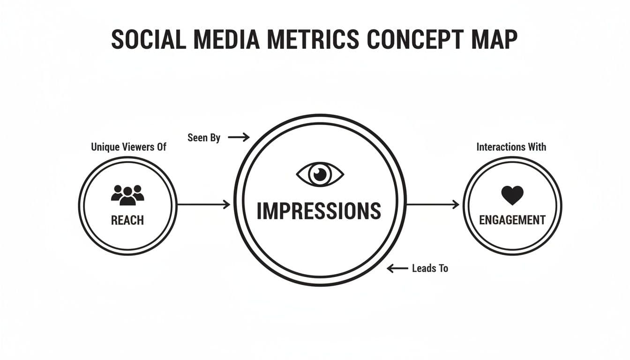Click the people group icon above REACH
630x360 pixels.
127,195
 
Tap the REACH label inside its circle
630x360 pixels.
127,220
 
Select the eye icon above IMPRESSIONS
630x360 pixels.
320,174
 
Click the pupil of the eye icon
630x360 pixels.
320,174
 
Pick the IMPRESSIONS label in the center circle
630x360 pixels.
319,211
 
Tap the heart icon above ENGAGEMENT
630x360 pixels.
512,195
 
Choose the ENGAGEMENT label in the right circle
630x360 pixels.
512,219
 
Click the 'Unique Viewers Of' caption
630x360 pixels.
128,147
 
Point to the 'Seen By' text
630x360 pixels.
204,138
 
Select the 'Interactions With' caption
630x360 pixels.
511,147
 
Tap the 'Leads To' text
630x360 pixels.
430,269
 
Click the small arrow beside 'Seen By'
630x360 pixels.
239,137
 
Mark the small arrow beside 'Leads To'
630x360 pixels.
397,269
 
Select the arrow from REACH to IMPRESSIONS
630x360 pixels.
204,204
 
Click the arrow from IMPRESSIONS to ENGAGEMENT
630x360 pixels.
433,204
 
